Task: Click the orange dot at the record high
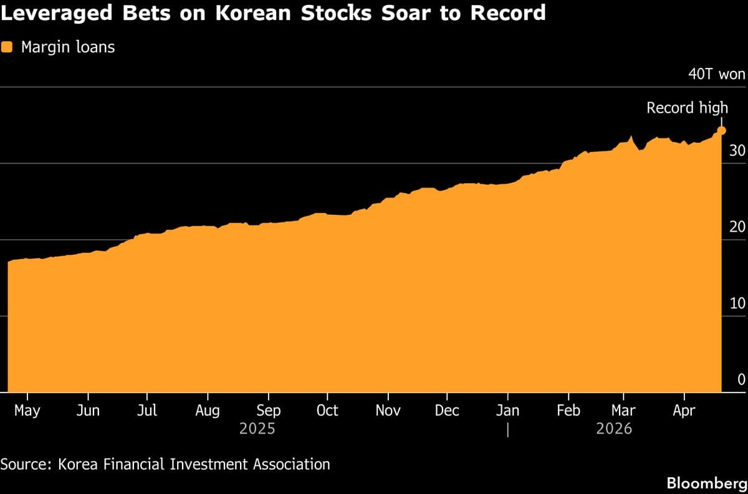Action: [x=722, y=130]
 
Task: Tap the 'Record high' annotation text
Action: [x=687, y=108]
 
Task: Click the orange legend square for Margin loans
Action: [x=7, y=47]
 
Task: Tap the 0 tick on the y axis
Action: [x=741, y=379]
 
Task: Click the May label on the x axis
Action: [x=27, y=411]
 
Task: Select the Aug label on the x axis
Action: [x=208, y=411]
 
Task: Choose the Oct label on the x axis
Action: [x=327, y=411]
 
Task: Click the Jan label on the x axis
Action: [x=508, y=411]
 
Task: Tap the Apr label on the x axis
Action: [x=684, y=411]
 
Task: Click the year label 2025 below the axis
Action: [x=257, y=429]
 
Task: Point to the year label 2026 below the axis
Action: [x=614, y=429]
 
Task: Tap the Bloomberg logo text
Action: [x=706, y=483]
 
